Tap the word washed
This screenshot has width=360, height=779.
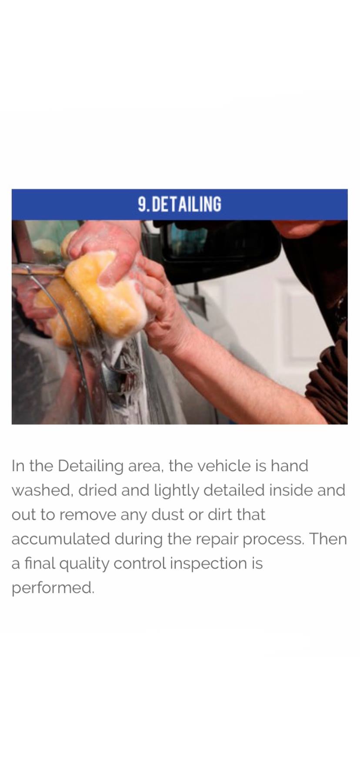pyautogui.click(x=41, y=490)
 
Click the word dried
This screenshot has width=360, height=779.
pyautogui.click(x=97, y=490)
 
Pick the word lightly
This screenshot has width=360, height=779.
pyautogui.click(x=177, y=491)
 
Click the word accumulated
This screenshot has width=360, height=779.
pyautogui.click(x=61, y=539)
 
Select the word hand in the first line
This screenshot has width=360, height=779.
pyautogui.click(x=289, y=466)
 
